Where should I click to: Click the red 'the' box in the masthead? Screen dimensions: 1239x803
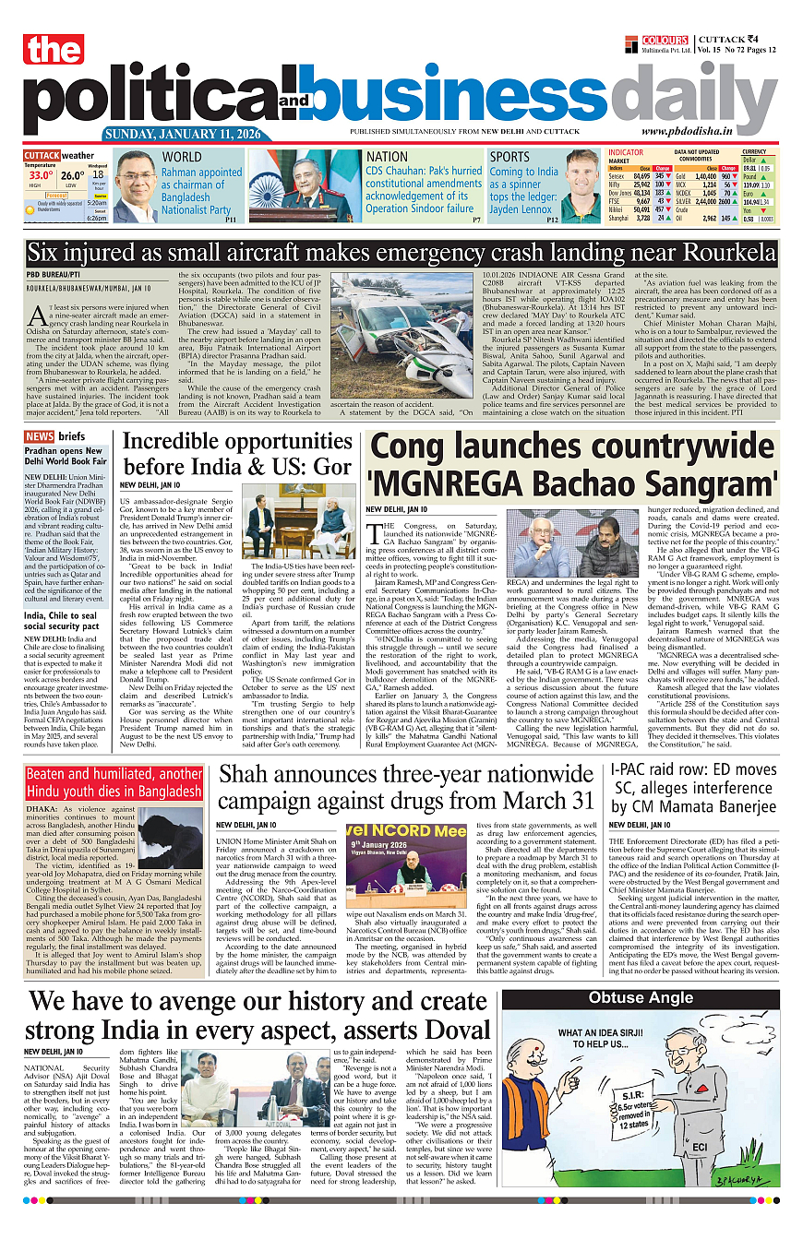[x=54, y=51]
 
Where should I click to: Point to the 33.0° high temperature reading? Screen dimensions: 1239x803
[x=40, y=174]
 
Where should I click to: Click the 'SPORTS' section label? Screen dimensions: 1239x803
[x=509, y=157]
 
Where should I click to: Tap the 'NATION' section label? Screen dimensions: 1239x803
[x=387, y=157]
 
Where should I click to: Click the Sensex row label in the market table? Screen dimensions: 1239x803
[x=618, y=175]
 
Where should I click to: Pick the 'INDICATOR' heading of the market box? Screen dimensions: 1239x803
[x=626, y=152]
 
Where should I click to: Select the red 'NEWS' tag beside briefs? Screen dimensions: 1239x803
[x=39, y=436]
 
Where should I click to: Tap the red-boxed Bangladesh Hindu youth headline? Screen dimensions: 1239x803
[x=114, y=782]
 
